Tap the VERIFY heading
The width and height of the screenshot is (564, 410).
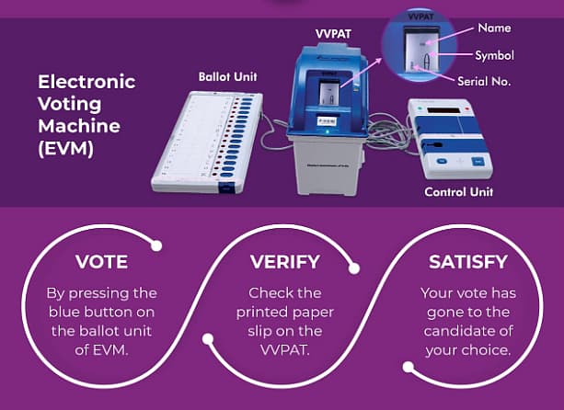tap(284, 262)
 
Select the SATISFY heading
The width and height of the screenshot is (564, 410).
tap(467, 262)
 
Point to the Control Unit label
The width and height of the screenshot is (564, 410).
tap(458, 192)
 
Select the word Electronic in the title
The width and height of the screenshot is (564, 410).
tap(86, 82)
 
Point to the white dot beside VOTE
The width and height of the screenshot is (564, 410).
tap(157, 245)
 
